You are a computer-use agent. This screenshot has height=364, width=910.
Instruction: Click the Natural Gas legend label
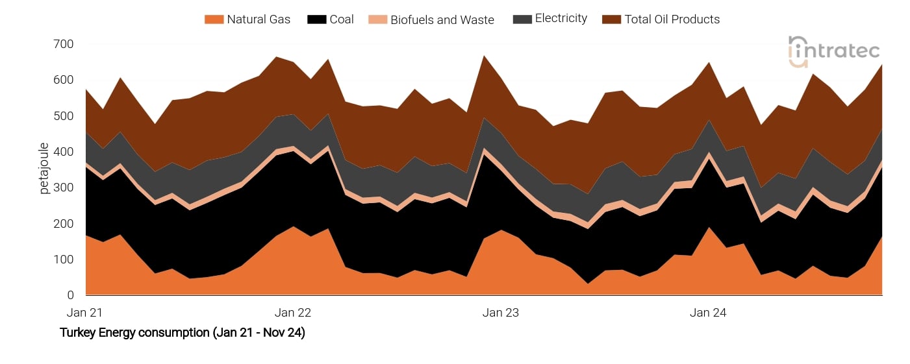(259, 19)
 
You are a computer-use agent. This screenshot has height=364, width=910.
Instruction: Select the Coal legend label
(342, 19)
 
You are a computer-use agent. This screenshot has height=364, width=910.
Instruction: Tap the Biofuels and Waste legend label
(442, 20)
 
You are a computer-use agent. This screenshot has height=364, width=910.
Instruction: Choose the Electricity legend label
(561, 19)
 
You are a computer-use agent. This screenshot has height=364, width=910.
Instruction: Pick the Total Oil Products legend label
(672, 19)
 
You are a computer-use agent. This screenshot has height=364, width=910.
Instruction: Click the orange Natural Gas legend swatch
(214, 19)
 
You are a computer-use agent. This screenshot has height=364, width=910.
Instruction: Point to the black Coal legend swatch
(317, 19)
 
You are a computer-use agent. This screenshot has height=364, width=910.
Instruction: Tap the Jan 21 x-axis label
(84, 313)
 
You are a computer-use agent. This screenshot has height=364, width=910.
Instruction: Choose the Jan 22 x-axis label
(293, 313)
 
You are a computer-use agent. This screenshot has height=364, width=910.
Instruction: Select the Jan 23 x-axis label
(501, 313)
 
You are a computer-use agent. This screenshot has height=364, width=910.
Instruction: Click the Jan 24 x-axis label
(708, 313)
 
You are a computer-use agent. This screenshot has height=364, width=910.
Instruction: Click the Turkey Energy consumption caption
(183, 334)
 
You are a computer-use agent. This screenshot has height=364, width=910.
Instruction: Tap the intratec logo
(834, 51)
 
